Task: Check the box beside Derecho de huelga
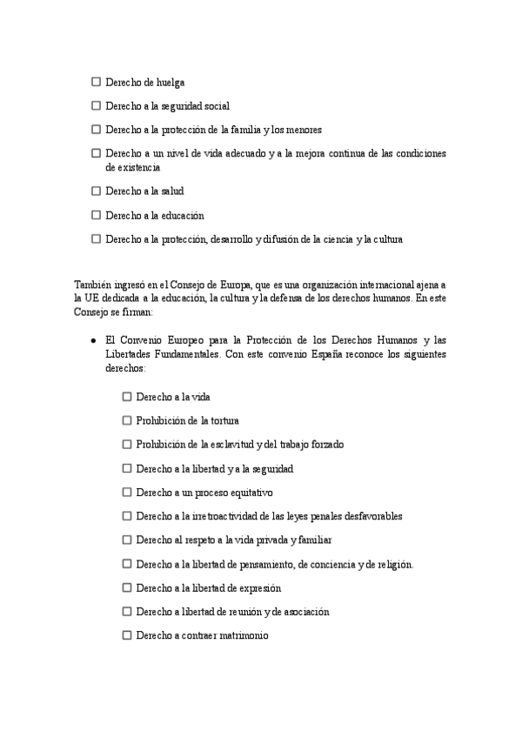[96, 82]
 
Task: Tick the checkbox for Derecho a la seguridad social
[96, 105]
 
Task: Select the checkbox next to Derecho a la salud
[96, 190]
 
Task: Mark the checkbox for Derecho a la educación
[96, 214]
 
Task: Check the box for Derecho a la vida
[127, 396]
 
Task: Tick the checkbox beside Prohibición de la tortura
[127, 420]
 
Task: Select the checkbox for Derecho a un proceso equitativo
[127, 492]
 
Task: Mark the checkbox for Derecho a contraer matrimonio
[127, 635]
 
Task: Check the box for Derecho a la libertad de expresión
[127, 587]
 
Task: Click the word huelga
[171, 82]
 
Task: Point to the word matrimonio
[238, 636]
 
